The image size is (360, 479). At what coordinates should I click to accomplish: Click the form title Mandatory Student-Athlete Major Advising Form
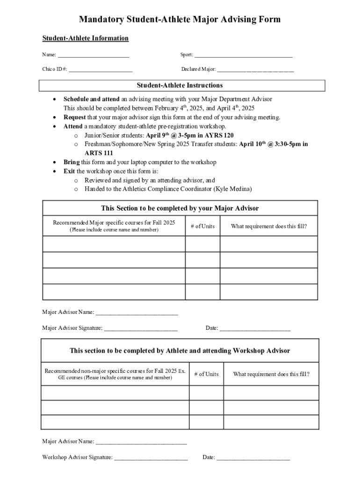[x=180, y=19]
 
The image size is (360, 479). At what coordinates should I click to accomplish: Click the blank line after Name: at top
[x=94, y=55]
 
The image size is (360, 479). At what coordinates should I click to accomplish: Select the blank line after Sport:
[x=243, y=55]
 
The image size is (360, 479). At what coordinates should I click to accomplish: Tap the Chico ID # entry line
[x=101, y=70]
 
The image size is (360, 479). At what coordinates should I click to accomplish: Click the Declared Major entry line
[x=255, y=70]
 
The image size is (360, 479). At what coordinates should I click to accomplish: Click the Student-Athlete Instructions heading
[x=180, y=86]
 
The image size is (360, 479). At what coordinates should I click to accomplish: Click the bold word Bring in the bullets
[x=72, y=162]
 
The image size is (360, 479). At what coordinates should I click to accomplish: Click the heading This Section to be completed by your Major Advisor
[x=180, y=208]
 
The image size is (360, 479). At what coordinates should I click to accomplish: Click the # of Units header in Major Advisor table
[x=202, y=226]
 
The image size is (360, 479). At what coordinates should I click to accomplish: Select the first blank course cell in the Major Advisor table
[x=114, y=244]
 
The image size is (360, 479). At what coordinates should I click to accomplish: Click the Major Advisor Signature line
[x=141, y=328]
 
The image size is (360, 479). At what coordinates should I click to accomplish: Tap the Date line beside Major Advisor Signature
[x=255, y=328]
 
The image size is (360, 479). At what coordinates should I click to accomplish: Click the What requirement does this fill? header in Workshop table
[x=271, y=374]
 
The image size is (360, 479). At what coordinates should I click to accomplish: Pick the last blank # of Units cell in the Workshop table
[x=206, y=422]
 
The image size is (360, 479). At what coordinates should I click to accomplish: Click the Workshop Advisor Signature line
[x=151, y=457]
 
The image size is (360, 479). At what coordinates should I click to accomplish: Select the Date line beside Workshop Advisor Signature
[x=253, y=457]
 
